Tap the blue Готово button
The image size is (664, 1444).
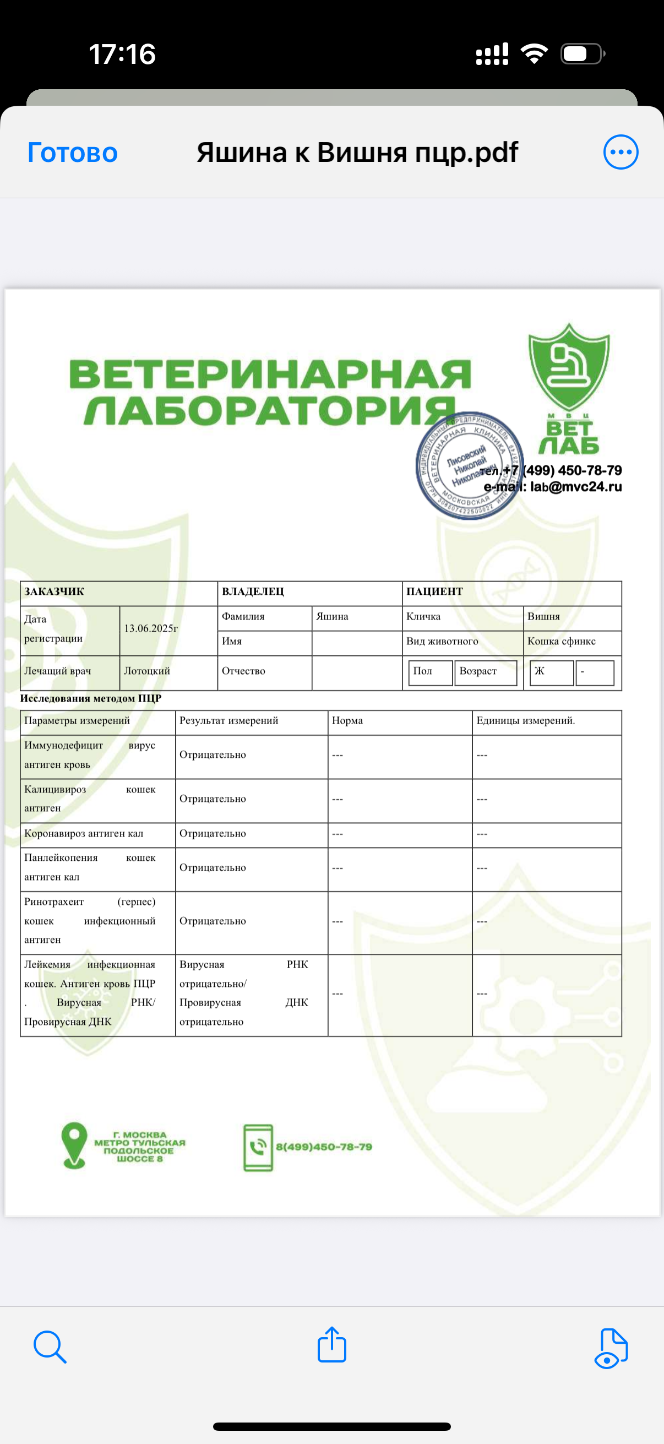coord(72,153)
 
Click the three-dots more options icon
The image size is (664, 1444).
coord(621,152)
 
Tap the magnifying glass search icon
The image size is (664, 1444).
coord(50,1346)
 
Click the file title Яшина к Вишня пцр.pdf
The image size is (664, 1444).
coord(357,153)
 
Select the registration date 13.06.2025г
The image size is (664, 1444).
coord(151,628)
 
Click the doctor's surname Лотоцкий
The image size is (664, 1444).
coord(147,671)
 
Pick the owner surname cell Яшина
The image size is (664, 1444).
coord(333,617)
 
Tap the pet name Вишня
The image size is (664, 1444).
coord(543,617)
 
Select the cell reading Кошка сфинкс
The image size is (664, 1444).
coord(562,641)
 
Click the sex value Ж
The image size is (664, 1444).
coord(540,671)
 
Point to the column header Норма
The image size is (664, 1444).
coord(347,721)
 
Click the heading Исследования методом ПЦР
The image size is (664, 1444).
coord(91,698)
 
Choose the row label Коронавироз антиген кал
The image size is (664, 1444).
coord(84,834)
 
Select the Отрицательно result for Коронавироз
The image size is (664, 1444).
coord(213,834)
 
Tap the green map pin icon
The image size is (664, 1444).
coord(74,1146)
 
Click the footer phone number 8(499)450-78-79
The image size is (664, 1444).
coord(324,1147)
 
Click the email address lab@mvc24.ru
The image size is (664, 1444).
coord(576,487)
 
